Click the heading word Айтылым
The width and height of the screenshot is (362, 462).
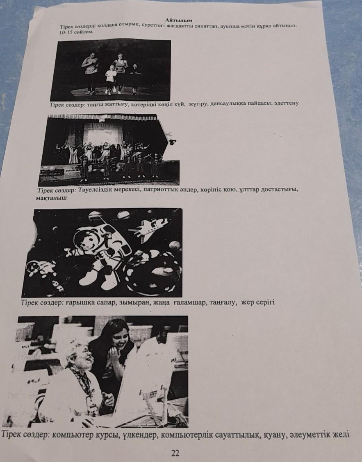coord(179,20)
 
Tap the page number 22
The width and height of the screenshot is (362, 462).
coord(175,453)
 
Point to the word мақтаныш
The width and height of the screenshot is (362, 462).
coord(51,198)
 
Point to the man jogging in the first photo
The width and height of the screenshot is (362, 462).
coord(91,73)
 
